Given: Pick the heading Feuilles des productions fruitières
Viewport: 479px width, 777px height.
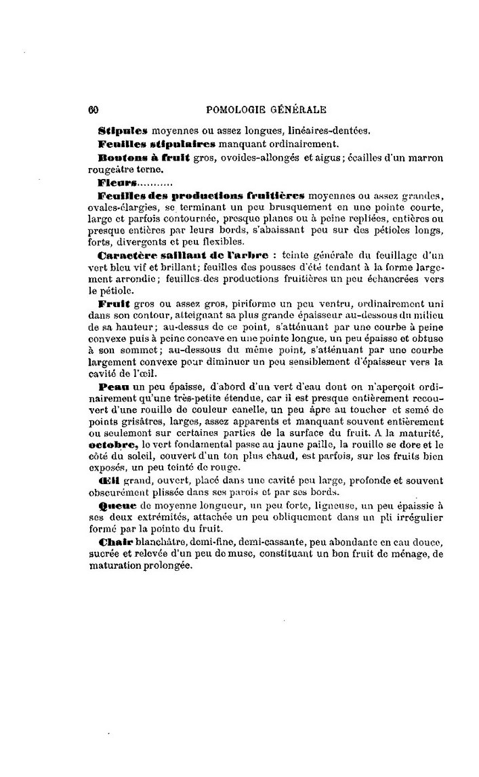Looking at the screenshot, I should click(x=201, y=197).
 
